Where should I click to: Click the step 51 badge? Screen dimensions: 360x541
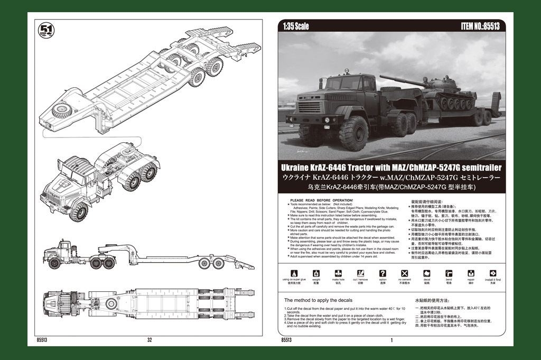pos(46,30)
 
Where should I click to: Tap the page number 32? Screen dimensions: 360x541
pos(150,340)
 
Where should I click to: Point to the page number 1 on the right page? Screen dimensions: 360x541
pos(391,340)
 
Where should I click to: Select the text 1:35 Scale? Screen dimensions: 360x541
pos(296,26)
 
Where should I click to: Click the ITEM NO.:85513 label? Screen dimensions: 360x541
pos(480,26)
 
